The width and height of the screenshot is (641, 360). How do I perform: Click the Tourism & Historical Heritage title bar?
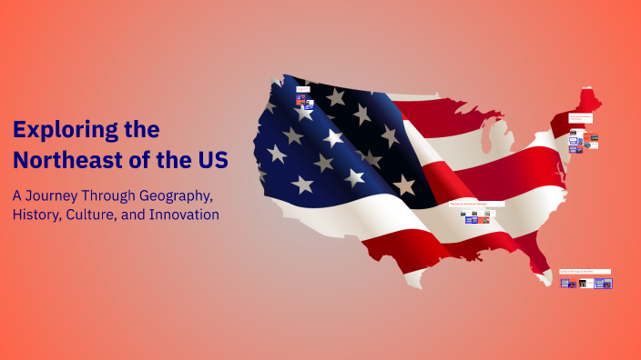[x=476, y=204]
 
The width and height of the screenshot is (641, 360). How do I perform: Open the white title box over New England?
[x=581, y=118]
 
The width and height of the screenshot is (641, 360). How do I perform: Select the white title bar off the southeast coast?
[x=585, y=271]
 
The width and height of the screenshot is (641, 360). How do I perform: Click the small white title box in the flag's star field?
[x=302, y=89]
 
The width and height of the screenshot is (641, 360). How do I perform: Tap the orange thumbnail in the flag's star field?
[x=300, y=97]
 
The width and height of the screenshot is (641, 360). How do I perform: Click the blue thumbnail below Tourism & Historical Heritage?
[x=472, y=219]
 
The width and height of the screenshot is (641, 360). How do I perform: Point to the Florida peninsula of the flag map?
[x=541, y=264]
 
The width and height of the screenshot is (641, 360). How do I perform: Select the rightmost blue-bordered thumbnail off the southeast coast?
[x=603, y=283]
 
